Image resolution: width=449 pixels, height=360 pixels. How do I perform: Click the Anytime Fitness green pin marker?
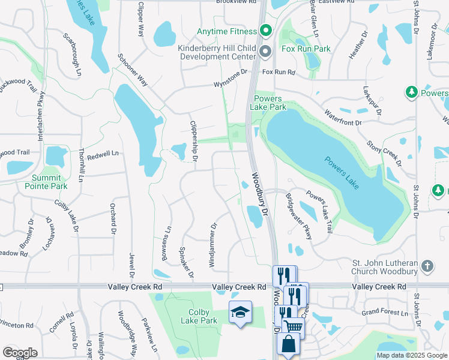point(266,31)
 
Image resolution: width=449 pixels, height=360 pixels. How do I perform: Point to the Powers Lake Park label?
point(270,103)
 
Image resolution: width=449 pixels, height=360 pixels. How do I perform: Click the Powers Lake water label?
point(342,173)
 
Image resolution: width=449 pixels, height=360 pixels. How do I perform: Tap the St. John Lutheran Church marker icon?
point(427,265)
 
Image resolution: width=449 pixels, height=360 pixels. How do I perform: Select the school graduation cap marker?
point(240,313)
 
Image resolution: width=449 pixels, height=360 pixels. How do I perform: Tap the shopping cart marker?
point(293,327)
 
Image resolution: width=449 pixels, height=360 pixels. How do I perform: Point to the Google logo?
point(20,353)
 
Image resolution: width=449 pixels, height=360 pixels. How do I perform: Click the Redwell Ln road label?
point(103,154)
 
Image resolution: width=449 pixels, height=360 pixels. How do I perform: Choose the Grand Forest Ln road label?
point(384,312)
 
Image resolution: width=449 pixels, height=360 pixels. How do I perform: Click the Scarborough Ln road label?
point(71,53)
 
